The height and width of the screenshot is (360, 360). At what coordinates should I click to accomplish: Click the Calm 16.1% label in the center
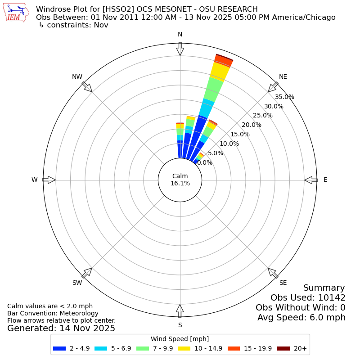[x=180, y=180]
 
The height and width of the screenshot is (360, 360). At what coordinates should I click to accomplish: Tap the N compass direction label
[x=180, y=35]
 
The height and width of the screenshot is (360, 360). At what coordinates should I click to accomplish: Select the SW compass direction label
[x=77, y=283]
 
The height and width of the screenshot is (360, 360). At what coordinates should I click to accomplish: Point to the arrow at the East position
[x=311, y=180]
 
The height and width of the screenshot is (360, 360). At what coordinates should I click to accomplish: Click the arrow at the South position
[x=180, y=311]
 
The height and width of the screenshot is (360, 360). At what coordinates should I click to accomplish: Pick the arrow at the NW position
[x=87, y=87]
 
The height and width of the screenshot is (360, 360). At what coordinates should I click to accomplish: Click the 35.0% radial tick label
[x=285, y=97]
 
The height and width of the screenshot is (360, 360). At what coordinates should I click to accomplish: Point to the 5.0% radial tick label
[x=216, y=153]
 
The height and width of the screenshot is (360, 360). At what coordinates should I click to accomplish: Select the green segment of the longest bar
[x=213, y=89]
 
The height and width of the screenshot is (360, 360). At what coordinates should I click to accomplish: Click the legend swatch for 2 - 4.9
[x=59, y=348]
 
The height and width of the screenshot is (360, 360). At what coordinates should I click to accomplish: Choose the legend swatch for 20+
[x=283, y=348]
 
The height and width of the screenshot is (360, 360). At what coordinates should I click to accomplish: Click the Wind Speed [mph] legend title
[x=180, y=339]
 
